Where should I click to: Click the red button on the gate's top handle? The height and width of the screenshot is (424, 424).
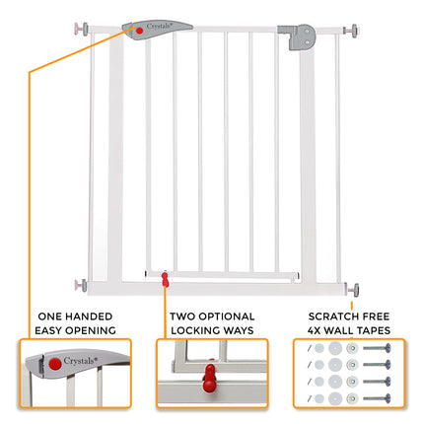140,33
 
